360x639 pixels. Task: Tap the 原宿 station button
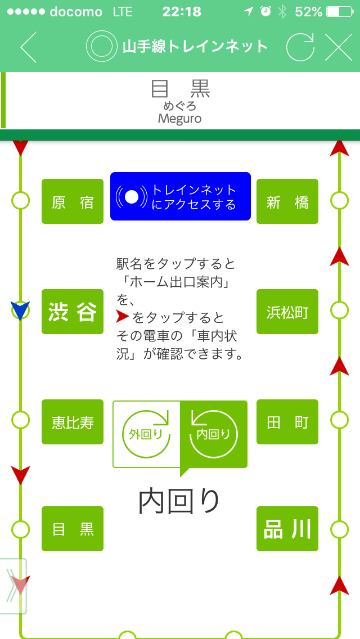click(x=73, y=201)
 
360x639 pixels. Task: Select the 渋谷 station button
click(x=73, y=312)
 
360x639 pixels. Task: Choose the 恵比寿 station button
click(x=73, y=422)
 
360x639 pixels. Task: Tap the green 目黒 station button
click(x=73, y=529)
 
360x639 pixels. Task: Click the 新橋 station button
click(x=287, y=201)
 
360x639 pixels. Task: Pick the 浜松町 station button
click(x=287, y=312)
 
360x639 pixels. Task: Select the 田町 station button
click(x=287, y=422)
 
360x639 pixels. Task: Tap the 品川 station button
click(x=287, y=529)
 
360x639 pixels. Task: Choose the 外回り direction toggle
click(x=146, y=434)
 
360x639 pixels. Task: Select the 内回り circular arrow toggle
click(x=214, y=434)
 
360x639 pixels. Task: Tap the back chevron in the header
click(x=28, y=47)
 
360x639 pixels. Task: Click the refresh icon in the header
click(x=300, y=47)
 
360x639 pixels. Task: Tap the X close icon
click(x=339, y=47)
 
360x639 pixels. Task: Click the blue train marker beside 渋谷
click(x=20, y=310)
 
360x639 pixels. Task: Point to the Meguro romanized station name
click(x=179, y=119)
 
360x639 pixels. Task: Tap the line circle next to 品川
click(x=340, y=529)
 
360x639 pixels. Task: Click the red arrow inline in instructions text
click(x=123, y=317)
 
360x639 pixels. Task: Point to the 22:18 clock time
click(x=182, y=12)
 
